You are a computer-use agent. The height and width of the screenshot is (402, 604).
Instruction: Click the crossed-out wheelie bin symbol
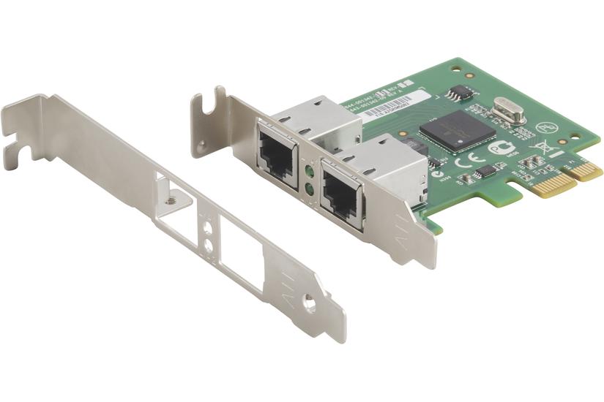pos(536,143)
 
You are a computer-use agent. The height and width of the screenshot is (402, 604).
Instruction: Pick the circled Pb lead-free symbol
pos(544,127)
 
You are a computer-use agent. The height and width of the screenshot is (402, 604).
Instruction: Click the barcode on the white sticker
pos(392,107)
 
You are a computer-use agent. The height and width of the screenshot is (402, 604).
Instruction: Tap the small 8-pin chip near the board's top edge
pos(458,93)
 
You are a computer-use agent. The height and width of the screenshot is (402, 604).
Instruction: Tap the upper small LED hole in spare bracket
pos(208,230)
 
